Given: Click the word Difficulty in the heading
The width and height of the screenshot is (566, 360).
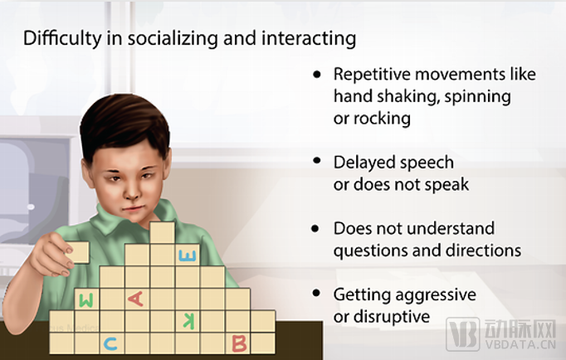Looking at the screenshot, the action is pyautogui.click(x=62, y=38).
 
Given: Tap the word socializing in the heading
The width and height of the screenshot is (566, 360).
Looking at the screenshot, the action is pyautogui.click(x=173, y=38).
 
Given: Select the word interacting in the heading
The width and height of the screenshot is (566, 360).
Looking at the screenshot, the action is pyautogui.click(x=309, y=38).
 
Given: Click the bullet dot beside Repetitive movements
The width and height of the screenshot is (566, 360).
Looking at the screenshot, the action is pyautogui.click(x=317, y=75).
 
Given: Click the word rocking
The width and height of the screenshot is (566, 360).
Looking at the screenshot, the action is pyautogui.click(x=382, y=119).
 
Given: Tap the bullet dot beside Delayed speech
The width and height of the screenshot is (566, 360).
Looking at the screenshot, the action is pyautogui.click(x=317, y=161).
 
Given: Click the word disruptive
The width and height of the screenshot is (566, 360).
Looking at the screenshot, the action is pyautogui.click(x=392, y=317).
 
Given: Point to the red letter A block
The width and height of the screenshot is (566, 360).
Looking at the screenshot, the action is pyautogui.click(x=137, y=299).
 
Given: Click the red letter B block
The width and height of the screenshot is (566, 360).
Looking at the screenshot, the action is pyautogui.click(x=238, y=343).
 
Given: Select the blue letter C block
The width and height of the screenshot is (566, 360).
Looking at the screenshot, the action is pyautogui.click(x=111, y=343).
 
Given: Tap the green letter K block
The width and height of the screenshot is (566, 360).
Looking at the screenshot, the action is pyautogui.click(x=188, y=321).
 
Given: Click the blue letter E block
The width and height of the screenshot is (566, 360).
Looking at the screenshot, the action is pyautogui.click(x=188, y=255).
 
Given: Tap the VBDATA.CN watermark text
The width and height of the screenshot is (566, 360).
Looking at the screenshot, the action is pyautogui.click(x=520, y=344).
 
